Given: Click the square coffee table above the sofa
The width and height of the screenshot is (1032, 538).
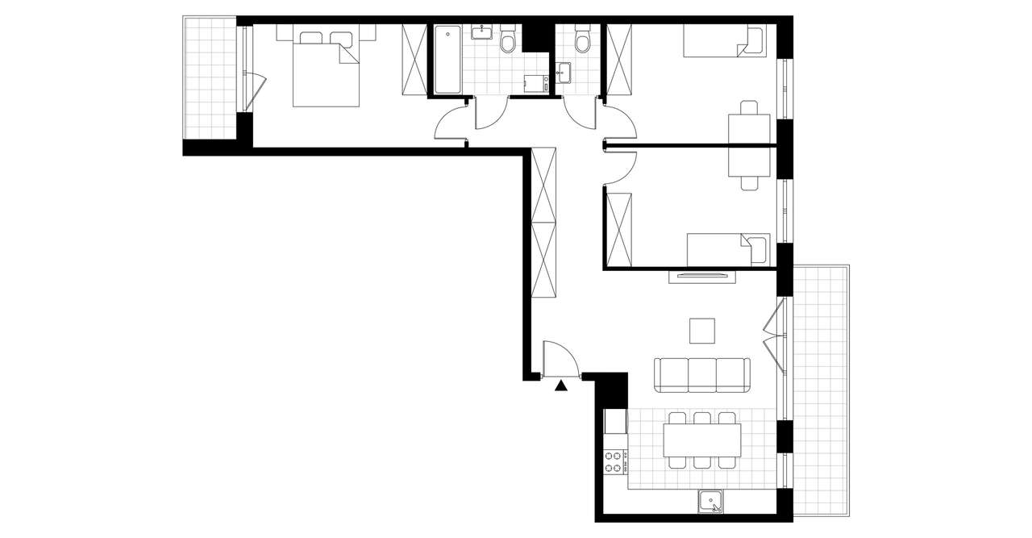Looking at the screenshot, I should tap(701, 330).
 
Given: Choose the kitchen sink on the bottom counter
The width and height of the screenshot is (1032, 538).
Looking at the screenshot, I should tap(711, 502).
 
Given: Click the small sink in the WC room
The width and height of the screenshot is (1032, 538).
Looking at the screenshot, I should tap(564, 73).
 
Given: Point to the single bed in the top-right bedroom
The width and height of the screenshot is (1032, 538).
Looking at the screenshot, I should tap(723, 42).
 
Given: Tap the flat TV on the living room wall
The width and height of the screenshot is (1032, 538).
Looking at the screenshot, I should tap(701, 277).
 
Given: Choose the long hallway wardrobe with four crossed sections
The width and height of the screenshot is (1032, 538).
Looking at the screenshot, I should tap(543, 222).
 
